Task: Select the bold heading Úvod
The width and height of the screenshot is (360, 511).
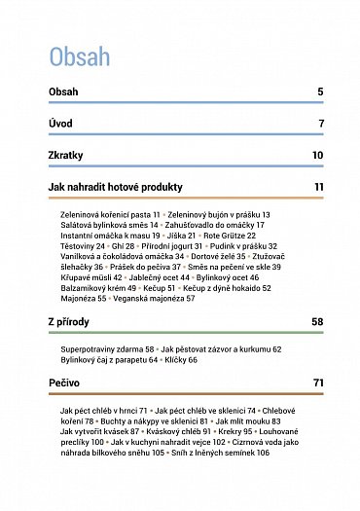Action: (60, 124)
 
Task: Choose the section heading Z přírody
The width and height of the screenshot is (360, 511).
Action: (70, 320)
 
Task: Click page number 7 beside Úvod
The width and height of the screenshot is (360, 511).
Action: (320, 124)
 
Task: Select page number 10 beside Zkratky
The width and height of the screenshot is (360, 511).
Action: (317, 155)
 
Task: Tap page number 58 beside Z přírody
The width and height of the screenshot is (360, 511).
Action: (316, 320)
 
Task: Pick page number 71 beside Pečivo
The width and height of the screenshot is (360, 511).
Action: (317, 383)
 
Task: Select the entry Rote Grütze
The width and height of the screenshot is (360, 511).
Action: (225, 235)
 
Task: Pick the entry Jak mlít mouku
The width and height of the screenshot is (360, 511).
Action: (242, 420)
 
